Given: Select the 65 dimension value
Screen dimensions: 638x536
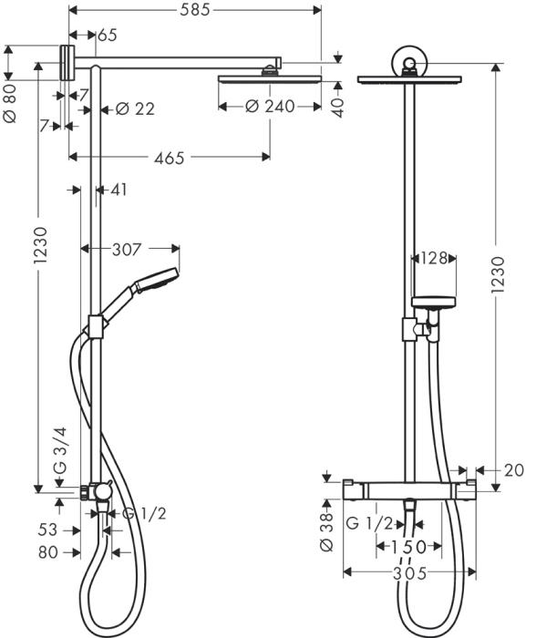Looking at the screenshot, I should (x=107, y=36).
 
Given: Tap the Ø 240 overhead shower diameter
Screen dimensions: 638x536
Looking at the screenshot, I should (x=270, y=107).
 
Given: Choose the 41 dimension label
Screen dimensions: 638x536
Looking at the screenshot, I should (x=119, y=190).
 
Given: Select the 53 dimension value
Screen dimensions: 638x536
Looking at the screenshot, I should (x=48, y=530).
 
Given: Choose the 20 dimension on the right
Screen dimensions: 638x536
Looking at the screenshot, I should (x=514, y=470).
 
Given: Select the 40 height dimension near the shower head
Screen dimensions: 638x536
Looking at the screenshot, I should (x=339, y=105).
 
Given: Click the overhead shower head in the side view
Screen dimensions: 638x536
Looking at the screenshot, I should (x=270, y=80).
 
